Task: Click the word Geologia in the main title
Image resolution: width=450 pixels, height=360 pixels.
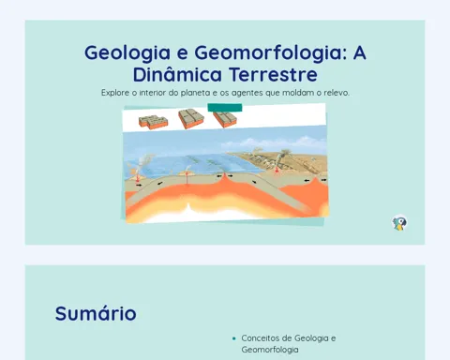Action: (127, 53)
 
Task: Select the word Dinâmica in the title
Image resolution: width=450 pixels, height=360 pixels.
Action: (177, 74)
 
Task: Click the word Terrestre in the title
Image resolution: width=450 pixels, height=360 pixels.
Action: (274, 74)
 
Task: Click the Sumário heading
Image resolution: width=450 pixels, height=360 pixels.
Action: (96, 313)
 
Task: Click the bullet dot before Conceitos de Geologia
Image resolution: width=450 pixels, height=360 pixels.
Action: (234, 338)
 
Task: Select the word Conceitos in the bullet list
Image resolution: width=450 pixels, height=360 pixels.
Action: (258, 338)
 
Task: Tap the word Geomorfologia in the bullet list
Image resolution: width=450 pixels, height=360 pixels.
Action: (270, 350)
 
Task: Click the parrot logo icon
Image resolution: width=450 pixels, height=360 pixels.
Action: (399, 223)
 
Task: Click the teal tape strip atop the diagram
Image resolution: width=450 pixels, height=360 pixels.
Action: (225, 107)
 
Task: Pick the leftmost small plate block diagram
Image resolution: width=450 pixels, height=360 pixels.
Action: (153, 122)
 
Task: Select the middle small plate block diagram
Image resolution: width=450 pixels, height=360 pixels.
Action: (191, 118)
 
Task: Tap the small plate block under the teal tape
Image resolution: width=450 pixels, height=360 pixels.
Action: (225, 119)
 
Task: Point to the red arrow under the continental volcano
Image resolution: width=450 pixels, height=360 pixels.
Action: (277, 170)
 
